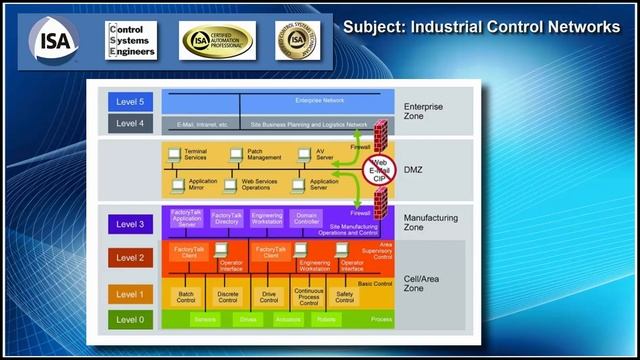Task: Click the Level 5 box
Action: (129, 101)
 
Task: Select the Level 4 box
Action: (129, 123)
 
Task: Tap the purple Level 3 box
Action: (129, 223)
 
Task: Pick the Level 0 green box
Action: (129, 319)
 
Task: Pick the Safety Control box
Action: (344, 296)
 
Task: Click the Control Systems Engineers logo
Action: (131, 39)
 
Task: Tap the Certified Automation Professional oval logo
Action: (217, 39)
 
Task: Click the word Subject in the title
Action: (372, 26)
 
